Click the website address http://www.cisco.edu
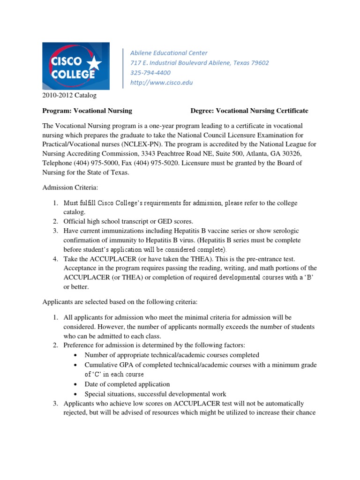click(161, 82)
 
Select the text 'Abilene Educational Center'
click(169, 53)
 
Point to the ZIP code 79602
click(259, 63)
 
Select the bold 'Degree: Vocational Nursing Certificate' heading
click(249, 111)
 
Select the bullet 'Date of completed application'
click(127, 384)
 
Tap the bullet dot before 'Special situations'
click(76, 394)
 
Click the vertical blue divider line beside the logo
click(123, 68)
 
